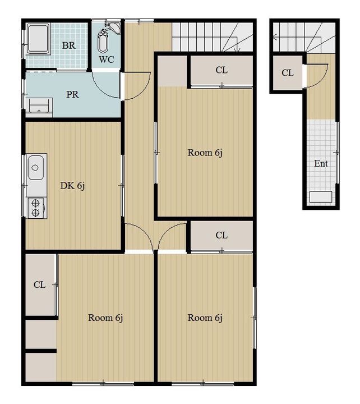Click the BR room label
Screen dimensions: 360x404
tap(69, 45)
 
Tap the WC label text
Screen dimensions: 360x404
tap(107, 59)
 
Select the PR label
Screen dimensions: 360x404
tap(72, 95)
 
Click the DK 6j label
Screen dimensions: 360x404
tap(72, 186)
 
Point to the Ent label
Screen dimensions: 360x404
tap(321, 163)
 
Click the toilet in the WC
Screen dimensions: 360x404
tap(103, 42)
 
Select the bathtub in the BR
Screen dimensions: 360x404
tap(38, 39)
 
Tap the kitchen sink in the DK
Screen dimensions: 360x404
tap(36, 168)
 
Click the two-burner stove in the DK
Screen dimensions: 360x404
tap(36, 208)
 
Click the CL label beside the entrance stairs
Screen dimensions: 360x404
tap(287, 73)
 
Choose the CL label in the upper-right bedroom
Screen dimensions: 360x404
tap(221, 70)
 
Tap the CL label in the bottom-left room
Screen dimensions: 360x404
tap(39, 284)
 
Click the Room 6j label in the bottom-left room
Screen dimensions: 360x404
tap(105, 318)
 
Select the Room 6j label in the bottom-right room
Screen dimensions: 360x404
tap(205, 318)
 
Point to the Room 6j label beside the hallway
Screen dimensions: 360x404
tap(205, 153)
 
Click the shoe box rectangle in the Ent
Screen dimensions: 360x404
tap(321, 197)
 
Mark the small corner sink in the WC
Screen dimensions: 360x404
tap(115, 27)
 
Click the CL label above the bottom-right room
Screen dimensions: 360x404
tap(221, 235)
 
